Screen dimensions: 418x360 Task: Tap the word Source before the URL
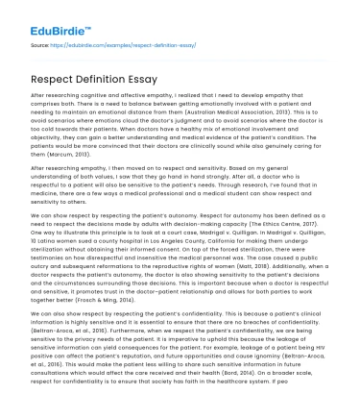point(40,44)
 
